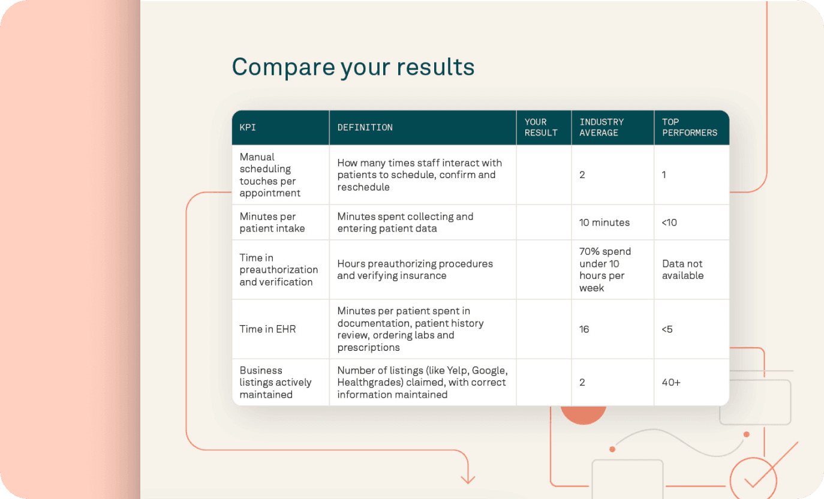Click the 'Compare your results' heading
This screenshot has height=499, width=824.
coord(353,67)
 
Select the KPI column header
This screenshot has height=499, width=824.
coord(248,127)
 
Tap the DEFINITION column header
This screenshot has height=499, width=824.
coord(365,127)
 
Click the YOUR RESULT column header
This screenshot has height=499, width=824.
coord(541,127)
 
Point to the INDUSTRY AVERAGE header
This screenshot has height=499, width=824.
coord(602,127)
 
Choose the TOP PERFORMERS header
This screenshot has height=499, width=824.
coord(689,127)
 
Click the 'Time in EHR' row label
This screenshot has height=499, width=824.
coord(267,329)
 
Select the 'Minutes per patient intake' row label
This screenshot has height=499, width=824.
coord(272,223)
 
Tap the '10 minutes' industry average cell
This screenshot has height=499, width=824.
coord(605,223)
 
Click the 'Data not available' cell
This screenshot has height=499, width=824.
coord(682,269)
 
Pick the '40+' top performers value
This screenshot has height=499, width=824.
coord(671,382)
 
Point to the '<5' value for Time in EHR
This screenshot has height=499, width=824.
coord(667,329)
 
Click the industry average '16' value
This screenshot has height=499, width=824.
coord(584,329)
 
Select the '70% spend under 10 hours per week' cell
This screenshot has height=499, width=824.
coord(605,269)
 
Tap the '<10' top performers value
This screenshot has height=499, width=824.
coord(669,223)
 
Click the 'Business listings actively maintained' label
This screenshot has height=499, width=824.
coord(275,382)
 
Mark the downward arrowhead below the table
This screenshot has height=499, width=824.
coord(468,479)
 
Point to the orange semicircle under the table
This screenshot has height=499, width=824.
coord(584,414)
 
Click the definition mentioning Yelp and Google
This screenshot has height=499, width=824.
coord(422,382)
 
